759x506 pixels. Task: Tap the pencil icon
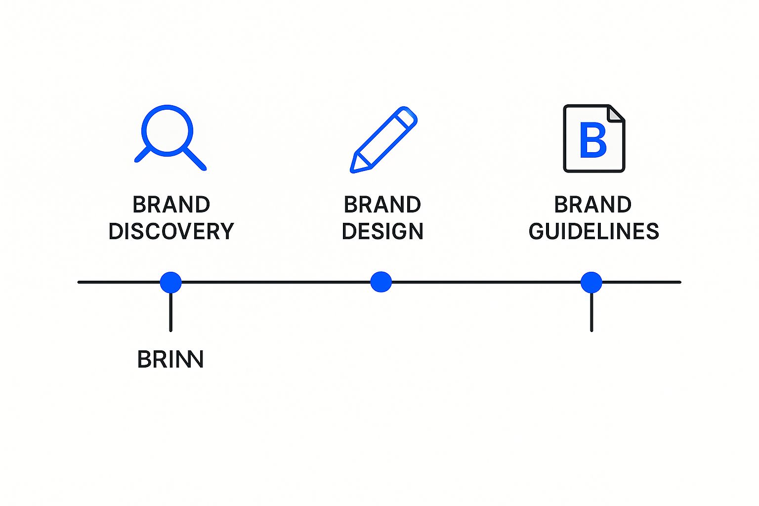[x=383, y=139]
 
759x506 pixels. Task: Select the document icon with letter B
[x=594, y=138]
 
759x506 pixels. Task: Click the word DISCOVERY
[x=171, y=231]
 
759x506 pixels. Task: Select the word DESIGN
[x=382, y=231]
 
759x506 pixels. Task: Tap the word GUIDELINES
[x=593, y=231]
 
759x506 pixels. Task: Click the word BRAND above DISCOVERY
[x=171, y=205]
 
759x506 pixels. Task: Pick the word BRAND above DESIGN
[x=382, y=205]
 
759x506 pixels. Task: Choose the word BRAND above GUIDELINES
[x=592, y=205]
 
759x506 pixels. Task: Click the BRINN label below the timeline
[x=170, y=359]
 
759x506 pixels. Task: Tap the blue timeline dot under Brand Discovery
[x=170, y=282]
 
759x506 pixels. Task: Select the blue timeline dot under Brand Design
[x=381, y=282]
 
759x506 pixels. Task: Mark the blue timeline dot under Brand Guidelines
[x=591, y=282]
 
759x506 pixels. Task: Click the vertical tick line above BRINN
[x=170, y=312]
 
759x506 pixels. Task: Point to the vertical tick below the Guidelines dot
[x=591, y=312]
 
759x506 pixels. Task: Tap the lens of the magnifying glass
[x=167, y=130]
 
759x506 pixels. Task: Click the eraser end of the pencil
[x=408, y=117]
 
